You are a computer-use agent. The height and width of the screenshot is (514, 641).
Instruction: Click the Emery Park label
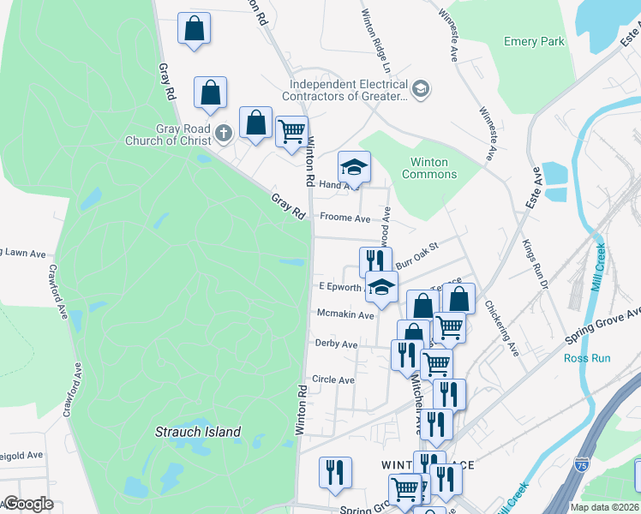click(534, 41)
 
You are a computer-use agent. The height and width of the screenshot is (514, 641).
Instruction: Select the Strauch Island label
click(198, 432)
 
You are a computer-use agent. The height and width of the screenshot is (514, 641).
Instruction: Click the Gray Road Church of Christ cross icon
click(224, 133)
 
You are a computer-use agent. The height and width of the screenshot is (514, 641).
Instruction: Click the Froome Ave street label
click(344, 218)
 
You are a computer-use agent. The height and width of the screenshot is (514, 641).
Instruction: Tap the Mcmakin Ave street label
click(345, 314)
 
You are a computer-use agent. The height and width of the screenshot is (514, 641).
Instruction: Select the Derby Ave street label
click(337, 344)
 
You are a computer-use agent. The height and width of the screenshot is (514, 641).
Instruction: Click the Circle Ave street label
click(333, 379)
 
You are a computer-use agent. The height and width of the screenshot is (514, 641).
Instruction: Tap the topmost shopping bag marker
click(195, 27)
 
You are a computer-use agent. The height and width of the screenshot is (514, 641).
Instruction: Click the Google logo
click(28, 504)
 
